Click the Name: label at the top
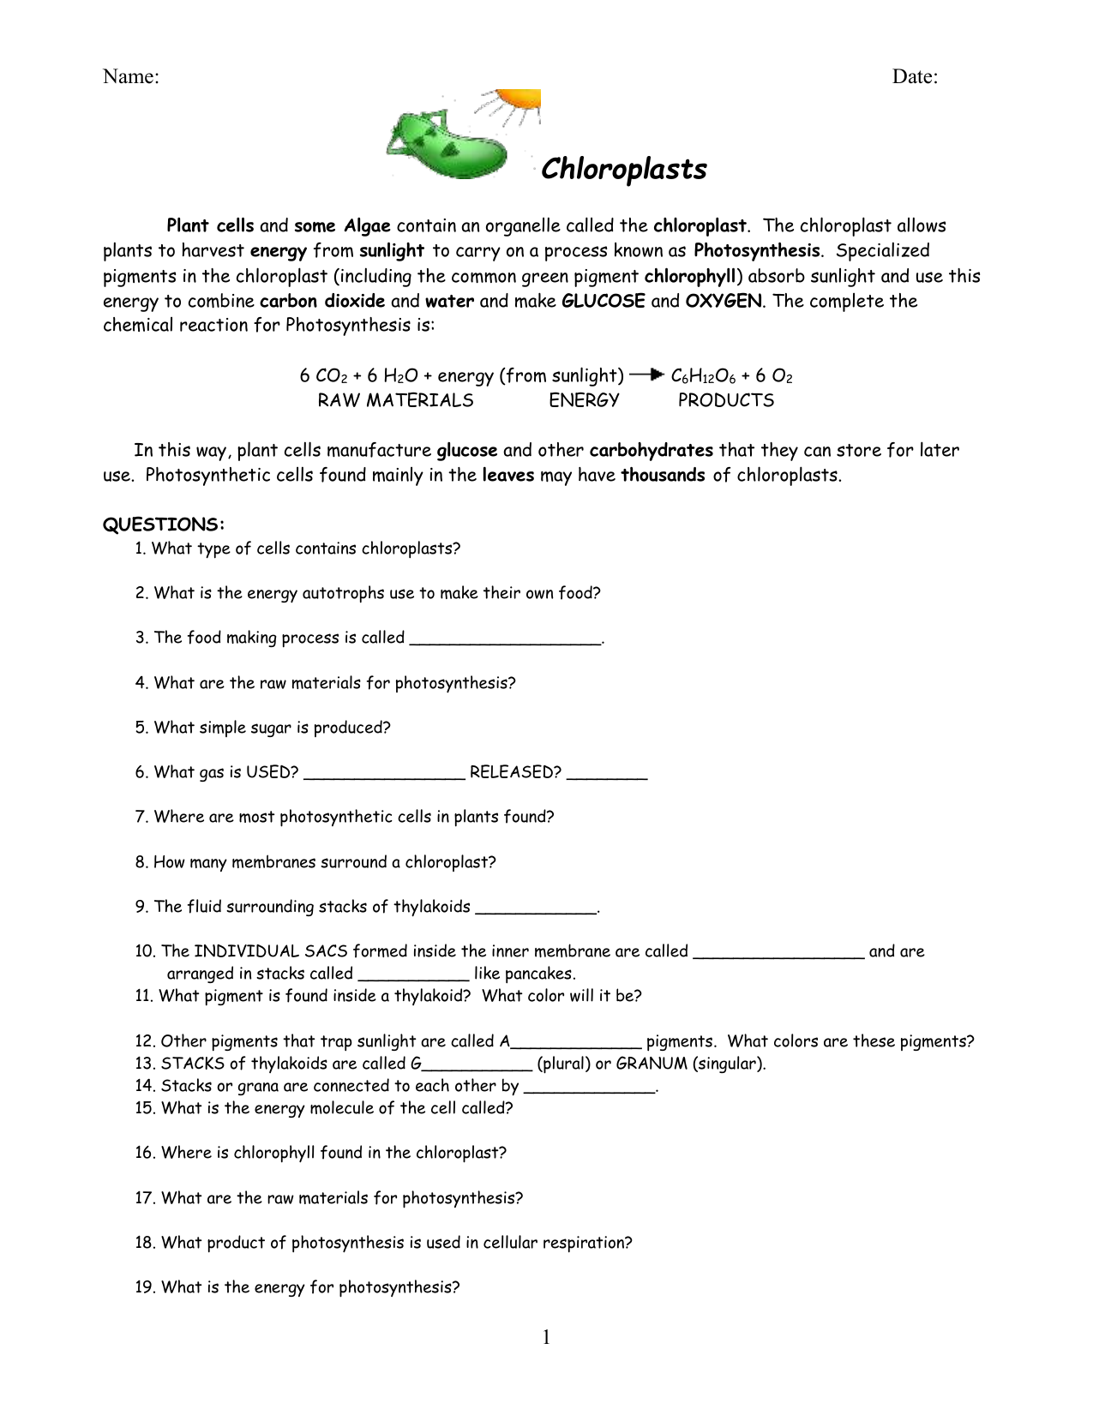(x=130, y=77)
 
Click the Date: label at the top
(x=915, y=77)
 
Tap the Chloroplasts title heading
(x=623, y=169)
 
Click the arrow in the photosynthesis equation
(x=647, y=375)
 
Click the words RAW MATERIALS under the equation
(x=395, y=400)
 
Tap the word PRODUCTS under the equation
(x=725, y=400)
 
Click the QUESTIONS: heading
(x=164, y=525)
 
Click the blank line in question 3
(x=506, y=639)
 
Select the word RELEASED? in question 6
(x=515, y=772)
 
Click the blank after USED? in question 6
(x=384, y=775)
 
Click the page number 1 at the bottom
(x=546, y=1338)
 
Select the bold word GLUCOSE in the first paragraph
(x=603, y=301)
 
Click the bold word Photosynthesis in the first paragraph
(x=756, y=251)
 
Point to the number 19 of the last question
(x=145, y=1287)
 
